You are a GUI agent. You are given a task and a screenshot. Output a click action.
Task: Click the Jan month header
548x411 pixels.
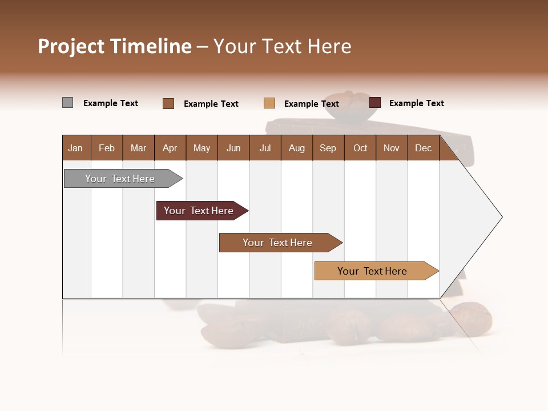[x=76, y=148]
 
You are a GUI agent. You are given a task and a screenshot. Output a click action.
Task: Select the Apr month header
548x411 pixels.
[x=170, y=148]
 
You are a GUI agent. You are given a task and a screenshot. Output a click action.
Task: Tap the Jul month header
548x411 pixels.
[x=265, y=148]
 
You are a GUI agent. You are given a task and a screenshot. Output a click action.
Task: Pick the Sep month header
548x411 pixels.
[x=328, y=148]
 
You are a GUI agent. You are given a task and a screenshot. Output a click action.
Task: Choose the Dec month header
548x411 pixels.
[x=423, y=148]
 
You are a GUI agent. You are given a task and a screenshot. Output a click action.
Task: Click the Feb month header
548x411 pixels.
[x=107, y=148]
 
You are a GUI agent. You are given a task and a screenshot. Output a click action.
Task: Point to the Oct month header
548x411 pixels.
[x=360, y=148]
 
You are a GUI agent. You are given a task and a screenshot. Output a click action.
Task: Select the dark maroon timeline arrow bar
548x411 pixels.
[x=200, y=211]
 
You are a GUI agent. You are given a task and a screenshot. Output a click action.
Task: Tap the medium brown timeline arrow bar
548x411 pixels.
[x=279, y=243]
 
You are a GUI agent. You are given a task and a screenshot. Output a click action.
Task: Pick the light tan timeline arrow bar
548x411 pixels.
[x=374, y=271]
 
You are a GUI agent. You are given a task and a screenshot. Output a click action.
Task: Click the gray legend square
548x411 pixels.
[x=67, y=103]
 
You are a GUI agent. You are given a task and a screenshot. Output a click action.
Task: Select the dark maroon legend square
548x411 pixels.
[x=375, y=103]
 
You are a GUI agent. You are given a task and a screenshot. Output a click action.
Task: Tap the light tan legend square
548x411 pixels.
[x=269, y=103]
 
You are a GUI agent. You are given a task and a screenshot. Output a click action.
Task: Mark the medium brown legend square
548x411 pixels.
[x=168, y=103]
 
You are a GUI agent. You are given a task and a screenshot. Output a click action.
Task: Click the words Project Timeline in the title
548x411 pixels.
[x=115, y=46]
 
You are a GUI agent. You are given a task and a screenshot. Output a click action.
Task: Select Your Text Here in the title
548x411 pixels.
[x=282, y=46]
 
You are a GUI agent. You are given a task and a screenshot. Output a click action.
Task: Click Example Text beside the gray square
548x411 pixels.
[x=111, y=103]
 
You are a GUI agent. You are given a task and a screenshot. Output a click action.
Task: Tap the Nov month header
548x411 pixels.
[x=392, y=148]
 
